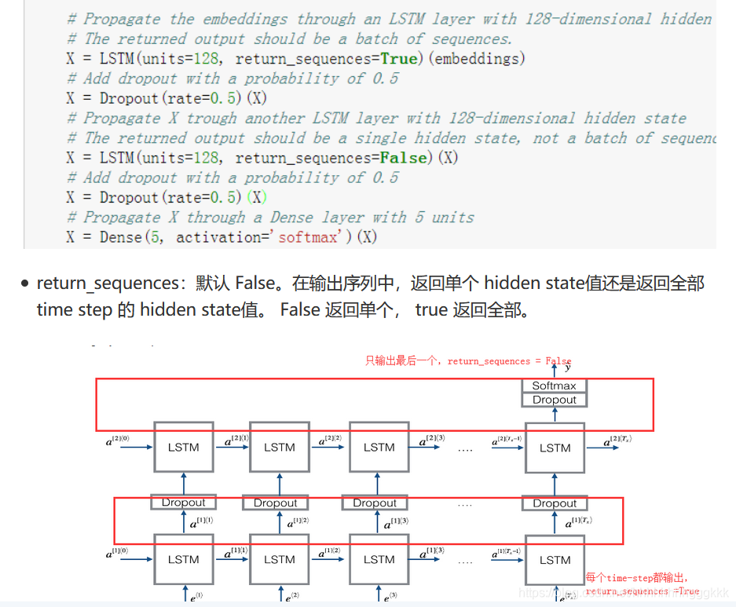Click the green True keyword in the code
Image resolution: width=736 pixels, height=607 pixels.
coord(399,58)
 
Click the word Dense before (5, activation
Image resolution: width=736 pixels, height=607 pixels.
coord(121,236)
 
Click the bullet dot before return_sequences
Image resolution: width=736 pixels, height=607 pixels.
coord(25,284)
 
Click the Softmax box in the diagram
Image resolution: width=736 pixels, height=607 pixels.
coord(555,386)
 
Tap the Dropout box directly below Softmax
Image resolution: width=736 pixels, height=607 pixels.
coord(555,400)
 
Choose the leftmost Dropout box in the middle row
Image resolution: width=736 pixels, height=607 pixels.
coord(183,503)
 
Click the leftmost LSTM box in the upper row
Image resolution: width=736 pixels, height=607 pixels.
coord(183,448)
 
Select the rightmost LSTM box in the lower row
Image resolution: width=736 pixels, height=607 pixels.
coord(555,560)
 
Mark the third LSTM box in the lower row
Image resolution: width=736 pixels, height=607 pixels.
coord(379,560)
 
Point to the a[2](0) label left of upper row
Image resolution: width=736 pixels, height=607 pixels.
coord(119,442)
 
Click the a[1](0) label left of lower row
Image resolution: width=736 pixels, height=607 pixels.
coord(119,554)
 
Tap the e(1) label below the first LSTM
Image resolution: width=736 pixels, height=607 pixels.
coord(196,597)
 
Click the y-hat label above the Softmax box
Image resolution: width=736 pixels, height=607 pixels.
coord(567,367)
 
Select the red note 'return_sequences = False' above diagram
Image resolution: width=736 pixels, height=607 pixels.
coord(509,361)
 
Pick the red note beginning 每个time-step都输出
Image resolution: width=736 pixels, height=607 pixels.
coord(636,578)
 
